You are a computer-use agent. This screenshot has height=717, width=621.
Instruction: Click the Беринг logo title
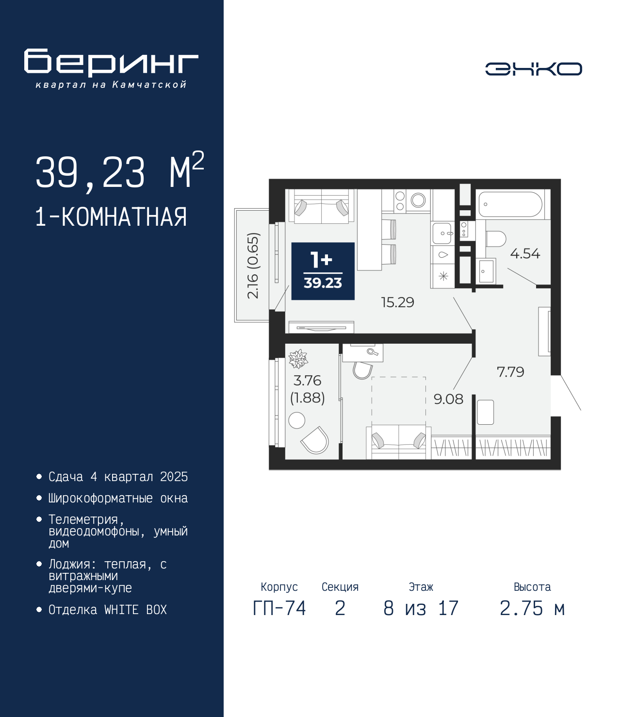pos(111,63)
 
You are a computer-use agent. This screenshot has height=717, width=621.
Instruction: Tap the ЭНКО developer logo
pos(533,68)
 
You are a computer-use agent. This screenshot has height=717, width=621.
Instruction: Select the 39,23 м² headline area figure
pos(120,172)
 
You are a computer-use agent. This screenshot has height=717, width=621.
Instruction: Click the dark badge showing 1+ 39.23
pos(323,271)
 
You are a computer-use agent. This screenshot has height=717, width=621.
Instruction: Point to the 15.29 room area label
pos(397,302)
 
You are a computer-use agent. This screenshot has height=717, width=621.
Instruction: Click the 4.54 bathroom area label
pos(525,253)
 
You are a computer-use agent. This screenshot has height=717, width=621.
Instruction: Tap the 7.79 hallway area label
pos(510,372)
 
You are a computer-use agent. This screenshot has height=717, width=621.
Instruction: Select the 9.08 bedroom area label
pos(448,399)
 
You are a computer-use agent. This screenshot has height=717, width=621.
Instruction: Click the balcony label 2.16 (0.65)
pos(253,266)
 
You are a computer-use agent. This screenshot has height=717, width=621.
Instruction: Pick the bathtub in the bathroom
pos(510,204)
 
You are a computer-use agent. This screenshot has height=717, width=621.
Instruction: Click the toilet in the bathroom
pos(496,239)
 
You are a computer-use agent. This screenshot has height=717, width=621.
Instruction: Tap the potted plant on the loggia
pos(298,359)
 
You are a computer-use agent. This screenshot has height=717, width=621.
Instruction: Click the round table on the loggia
pos(297,420)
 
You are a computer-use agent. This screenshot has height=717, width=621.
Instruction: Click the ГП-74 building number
pos(279,608)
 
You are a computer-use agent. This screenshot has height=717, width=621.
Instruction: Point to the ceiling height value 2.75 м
pos(532,608)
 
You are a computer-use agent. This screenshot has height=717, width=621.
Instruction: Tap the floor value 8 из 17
pos(421,608)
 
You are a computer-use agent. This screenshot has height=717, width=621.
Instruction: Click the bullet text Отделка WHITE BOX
pos(108,609)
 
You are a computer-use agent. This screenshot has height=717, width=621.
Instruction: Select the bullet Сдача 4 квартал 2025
pos(118,477)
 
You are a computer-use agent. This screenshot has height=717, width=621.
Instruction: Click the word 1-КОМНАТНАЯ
pos(111,217)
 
